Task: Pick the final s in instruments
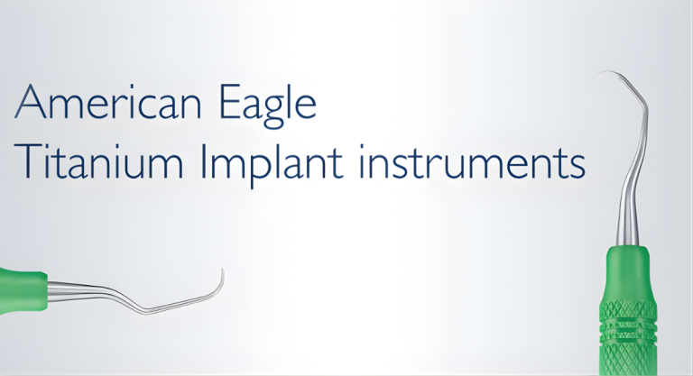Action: [x=578, y=168]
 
